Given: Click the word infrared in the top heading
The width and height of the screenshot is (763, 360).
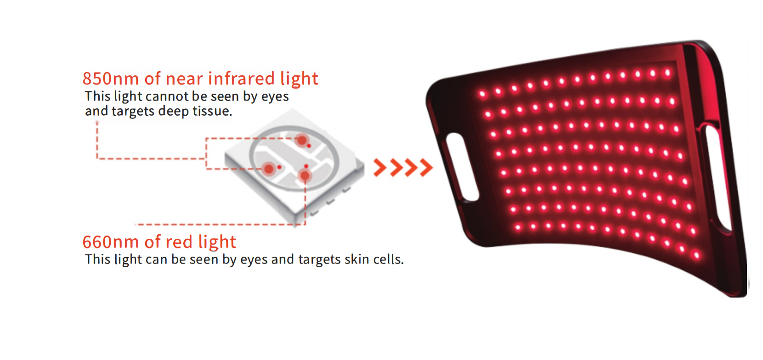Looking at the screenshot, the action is [x=241, y=79].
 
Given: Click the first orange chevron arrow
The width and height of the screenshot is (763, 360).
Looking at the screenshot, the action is [x=380, y=168].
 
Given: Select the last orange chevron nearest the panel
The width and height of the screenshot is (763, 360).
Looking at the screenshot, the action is [x=426, y=168].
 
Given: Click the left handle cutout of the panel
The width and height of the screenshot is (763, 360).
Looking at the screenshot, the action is [x=462, y=167].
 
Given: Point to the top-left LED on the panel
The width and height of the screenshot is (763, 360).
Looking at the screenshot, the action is [x=482, y=94].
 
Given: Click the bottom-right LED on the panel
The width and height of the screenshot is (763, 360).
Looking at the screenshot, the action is [x=696, y=255].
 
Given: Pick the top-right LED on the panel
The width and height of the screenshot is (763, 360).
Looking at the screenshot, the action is [x=667, y=73].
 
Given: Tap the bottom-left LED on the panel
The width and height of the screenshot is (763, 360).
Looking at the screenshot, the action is [x=518, y=227].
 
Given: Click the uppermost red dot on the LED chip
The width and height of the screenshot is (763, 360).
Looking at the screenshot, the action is [x=302, y=140].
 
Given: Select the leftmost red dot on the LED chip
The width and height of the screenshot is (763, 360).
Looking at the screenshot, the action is [x=269, y=169].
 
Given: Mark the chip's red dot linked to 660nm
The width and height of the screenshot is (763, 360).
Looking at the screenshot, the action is [x=305, y=176].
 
